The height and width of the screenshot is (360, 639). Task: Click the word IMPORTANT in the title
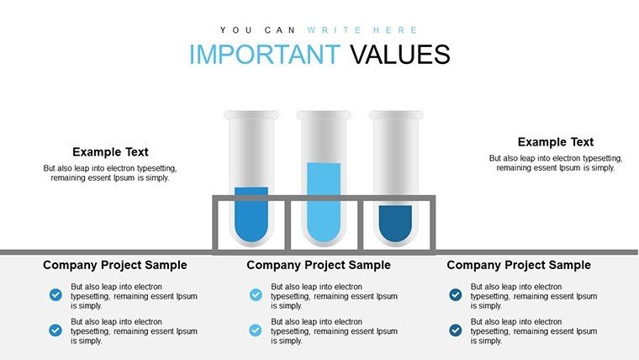tap(265, 54)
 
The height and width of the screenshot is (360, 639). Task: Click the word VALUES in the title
tap(399, 54)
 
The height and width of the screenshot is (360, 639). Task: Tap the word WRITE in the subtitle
tap(334, 30)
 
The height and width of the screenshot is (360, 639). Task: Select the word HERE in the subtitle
tap(396, 30)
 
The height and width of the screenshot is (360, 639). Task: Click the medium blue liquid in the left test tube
tap(251, 214)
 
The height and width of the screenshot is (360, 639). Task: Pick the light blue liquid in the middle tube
tap(324, 202)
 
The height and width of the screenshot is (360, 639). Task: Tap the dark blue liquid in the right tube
tap(395, 224)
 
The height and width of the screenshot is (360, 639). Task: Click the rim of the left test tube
tap(251, 115)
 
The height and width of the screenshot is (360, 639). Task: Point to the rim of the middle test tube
tap(324, 115)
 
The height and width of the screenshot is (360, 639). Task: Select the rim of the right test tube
tap(396, 115)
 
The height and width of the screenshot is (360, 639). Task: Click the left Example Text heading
tap(110, 152)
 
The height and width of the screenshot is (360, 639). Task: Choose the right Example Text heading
tap(556, 142)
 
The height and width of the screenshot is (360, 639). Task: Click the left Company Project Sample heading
tap(115, 265)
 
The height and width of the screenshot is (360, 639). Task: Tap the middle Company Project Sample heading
tap(319, 265)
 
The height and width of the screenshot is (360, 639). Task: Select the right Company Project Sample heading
tap(519, 265)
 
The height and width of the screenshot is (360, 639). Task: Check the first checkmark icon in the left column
tap(55, 294)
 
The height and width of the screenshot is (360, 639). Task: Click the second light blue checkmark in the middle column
tap(256, 330)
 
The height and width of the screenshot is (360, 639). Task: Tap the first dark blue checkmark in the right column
tap(456, 294)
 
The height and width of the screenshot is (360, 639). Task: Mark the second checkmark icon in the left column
tap(55, 330)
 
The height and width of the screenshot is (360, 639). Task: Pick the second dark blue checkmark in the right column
tap(456, 330)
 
